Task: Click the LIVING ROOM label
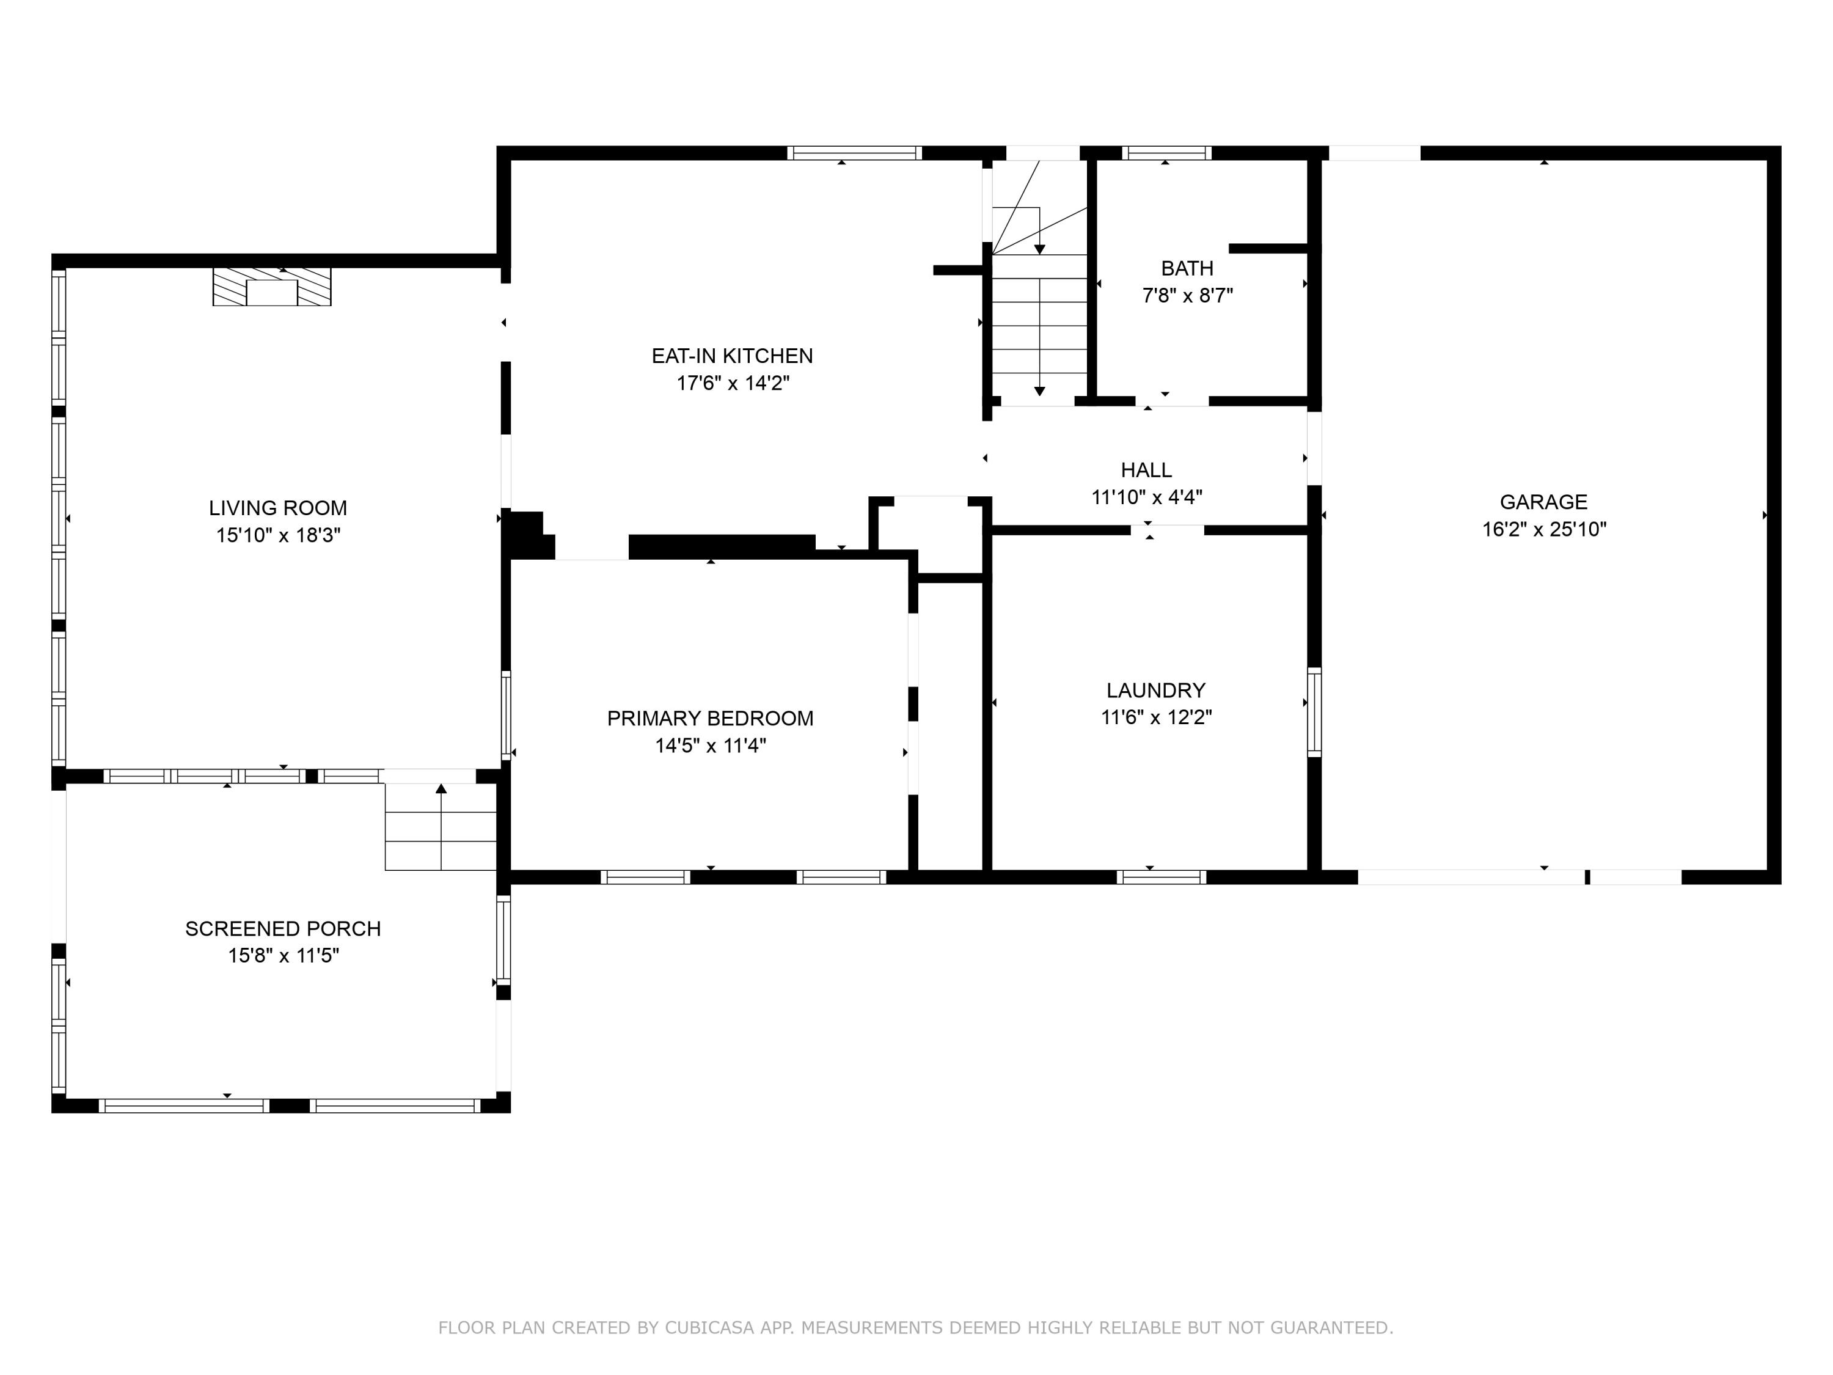pyautogui.click(x=277, y=508)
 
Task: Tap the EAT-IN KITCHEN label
pyautogui.click(x=732, y=356)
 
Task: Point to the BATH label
pyautogui.click(x=1187, y=268)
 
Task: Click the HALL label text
pyautogui.click(x=1146, y=470)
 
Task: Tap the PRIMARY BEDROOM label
pyautogui.click(x=710, y=718)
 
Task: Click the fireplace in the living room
pyautogui.click(x=272, y=287)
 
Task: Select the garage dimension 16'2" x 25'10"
pyautogui.click(x=1544, y=529)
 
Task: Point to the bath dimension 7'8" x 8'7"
pyautogui.click(x=1187, y=295)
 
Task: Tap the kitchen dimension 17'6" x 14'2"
pyautogui.click(x=733, y=383)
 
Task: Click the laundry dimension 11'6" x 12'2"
pyautogui.click(x=1156, y=717)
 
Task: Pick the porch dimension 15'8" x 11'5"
pyautogui.click(x=284, y=956)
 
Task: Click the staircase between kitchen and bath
pyautogui.click(x=1039, y=282)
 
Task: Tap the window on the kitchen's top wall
pyautogui.click(x=854, y=153)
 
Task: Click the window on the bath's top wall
pyautogui.click(x=1166, y=153)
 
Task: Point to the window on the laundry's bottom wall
pyautogui.click(x=1161, y=877)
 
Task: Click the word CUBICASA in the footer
pyautogui.click(x=709, y=1328)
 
